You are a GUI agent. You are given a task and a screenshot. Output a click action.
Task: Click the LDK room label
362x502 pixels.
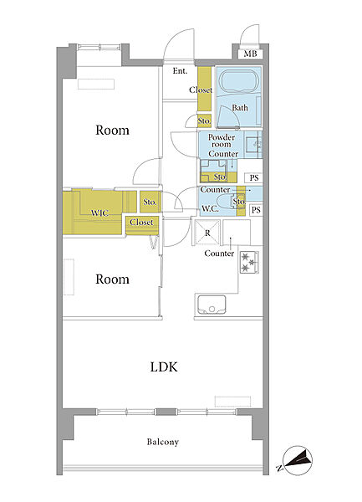(164, 367)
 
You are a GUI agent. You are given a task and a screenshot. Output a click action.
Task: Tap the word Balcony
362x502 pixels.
(163, 442)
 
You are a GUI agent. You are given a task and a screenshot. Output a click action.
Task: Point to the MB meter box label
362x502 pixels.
(251, 54)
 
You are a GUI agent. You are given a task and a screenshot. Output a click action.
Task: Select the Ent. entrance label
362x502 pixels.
(180, 71)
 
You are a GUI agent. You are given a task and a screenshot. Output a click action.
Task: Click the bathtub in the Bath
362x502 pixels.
(238, 82)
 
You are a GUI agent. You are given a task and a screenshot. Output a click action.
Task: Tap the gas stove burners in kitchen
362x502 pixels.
(249, 262)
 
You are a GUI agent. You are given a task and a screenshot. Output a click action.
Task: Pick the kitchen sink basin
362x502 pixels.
(212, 305)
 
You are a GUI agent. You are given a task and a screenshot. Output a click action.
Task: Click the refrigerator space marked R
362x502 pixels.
(207, 233)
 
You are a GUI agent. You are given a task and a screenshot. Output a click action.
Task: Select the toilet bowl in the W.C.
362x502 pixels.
(236, 202)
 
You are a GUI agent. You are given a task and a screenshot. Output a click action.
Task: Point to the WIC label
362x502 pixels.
(99, 213)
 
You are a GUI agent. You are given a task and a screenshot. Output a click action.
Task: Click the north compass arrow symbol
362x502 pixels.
(298, 460)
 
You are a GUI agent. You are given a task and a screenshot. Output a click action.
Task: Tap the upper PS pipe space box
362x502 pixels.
(254, 177)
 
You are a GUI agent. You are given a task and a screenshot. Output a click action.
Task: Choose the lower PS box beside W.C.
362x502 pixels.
(256, 210)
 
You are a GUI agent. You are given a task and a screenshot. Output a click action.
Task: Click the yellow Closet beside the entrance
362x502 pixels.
(204, 89)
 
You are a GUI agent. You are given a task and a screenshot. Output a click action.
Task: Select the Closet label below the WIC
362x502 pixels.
(141, 222)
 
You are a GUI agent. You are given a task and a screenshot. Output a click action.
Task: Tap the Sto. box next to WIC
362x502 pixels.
(150, 202)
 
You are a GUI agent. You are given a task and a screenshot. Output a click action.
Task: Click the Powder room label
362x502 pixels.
(222, 141)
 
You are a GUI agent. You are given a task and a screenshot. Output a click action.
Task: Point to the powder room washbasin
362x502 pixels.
(253, 145)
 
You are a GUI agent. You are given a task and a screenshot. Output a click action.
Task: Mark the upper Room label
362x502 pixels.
(112, 130)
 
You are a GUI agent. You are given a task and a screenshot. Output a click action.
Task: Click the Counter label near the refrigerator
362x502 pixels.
(219, 254)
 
